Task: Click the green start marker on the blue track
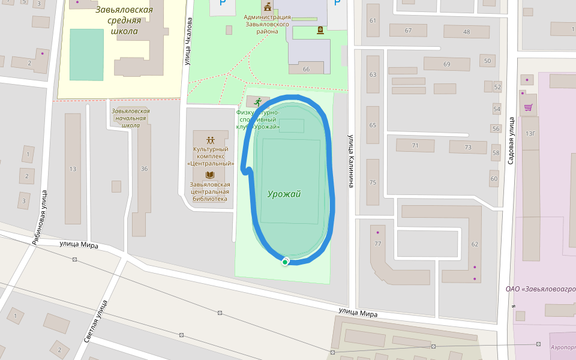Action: pos(286,261)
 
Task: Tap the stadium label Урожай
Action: pos(284,194)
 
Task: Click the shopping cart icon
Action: pos(528,108)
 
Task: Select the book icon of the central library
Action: pos(210,175)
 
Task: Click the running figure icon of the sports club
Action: pos(258,101)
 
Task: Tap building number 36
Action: pos(144,169)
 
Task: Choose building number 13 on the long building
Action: pos(73,169)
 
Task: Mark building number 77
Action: pos(377,244)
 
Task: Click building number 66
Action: pos(306,70)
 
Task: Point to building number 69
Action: pos(446,64)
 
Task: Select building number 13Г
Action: pos(530,133)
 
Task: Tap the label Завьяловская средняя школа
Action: pos(124,20)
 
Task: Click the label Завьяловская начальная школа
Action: pos(131,118)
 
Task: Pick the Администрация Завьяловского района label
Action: pos(267,24)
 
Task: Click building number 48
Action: pos(466,32)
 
